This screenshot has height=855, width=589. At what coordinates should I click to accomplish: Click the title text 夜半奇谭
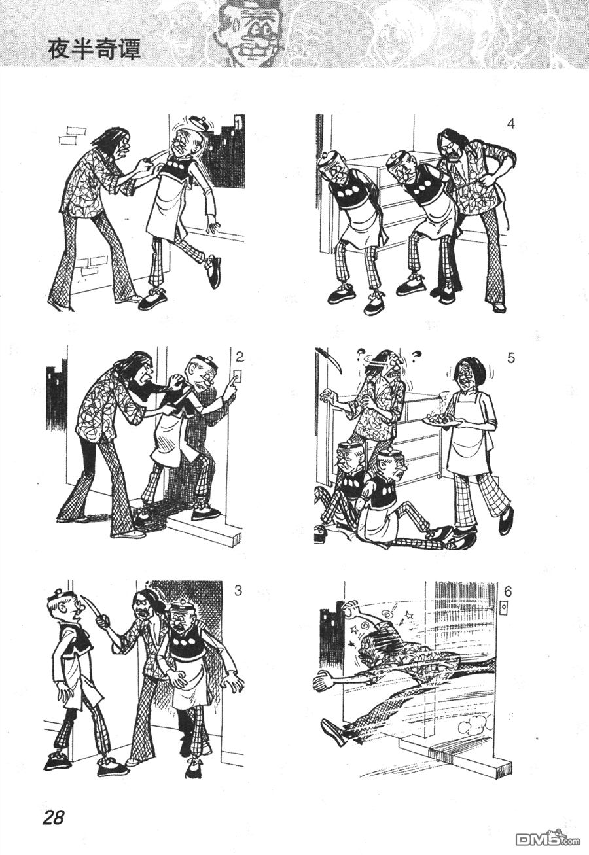(94, 50)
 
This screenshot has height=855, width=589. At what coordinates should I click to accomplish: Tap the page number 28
(53, 816)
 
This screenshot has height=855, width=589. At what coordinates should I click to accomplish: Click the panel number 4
(511, 124)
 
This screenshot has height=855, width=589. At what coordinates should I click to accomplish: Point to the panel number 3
(238, 591)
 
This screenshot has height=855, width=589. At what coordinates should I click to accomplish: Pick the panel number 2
(240, 357)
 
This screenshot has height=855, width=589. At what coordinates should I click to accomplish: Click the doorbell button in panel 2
(238, 377)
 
